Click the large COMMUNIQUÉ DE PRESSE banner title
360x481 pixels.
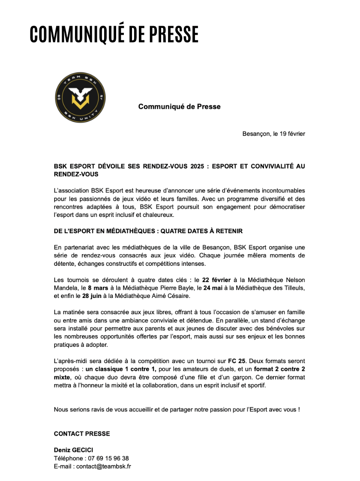pos(114,34)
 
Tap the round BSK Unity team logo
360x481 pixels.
pos(81,101)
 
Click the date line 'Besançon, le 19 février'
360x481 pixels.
pos(273,134)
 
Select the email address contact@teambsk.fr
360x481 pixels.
pos(103,466)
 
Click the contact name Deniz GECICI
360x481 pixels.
pos(73,450)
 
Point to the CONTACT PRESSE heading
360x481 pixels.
pos(81,434)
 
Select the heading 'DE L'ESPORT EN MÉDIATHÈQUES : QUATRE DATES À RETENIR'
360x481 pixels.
pos(148,231)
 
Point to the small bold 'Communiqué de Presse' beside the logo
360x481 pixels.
pos(179,106)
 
